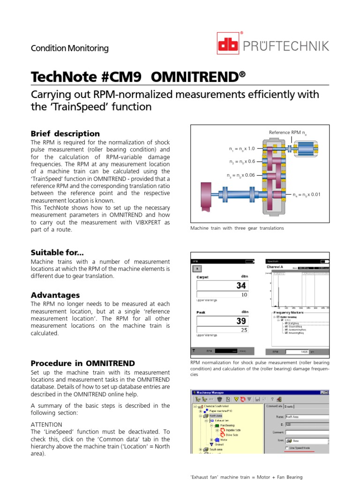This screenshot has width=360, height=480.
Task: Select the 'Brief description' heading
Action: coord(65,134)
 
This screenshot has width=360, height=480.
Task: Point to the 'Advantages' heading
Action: coord(55,295)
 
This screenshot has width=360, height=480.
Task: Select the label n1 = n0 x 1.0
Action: coord(242,149)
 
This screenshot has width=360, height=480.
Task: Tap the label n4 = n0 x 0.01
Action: coord(306,195)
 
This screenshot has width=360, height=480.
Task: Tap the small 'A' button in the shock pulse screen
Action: coord(197,269)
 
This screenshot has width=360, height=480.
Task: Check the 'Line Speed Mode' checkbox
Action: coord(287,448)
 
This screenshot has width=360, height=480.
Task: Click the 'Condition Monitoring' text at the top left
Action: coord(69,48)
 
